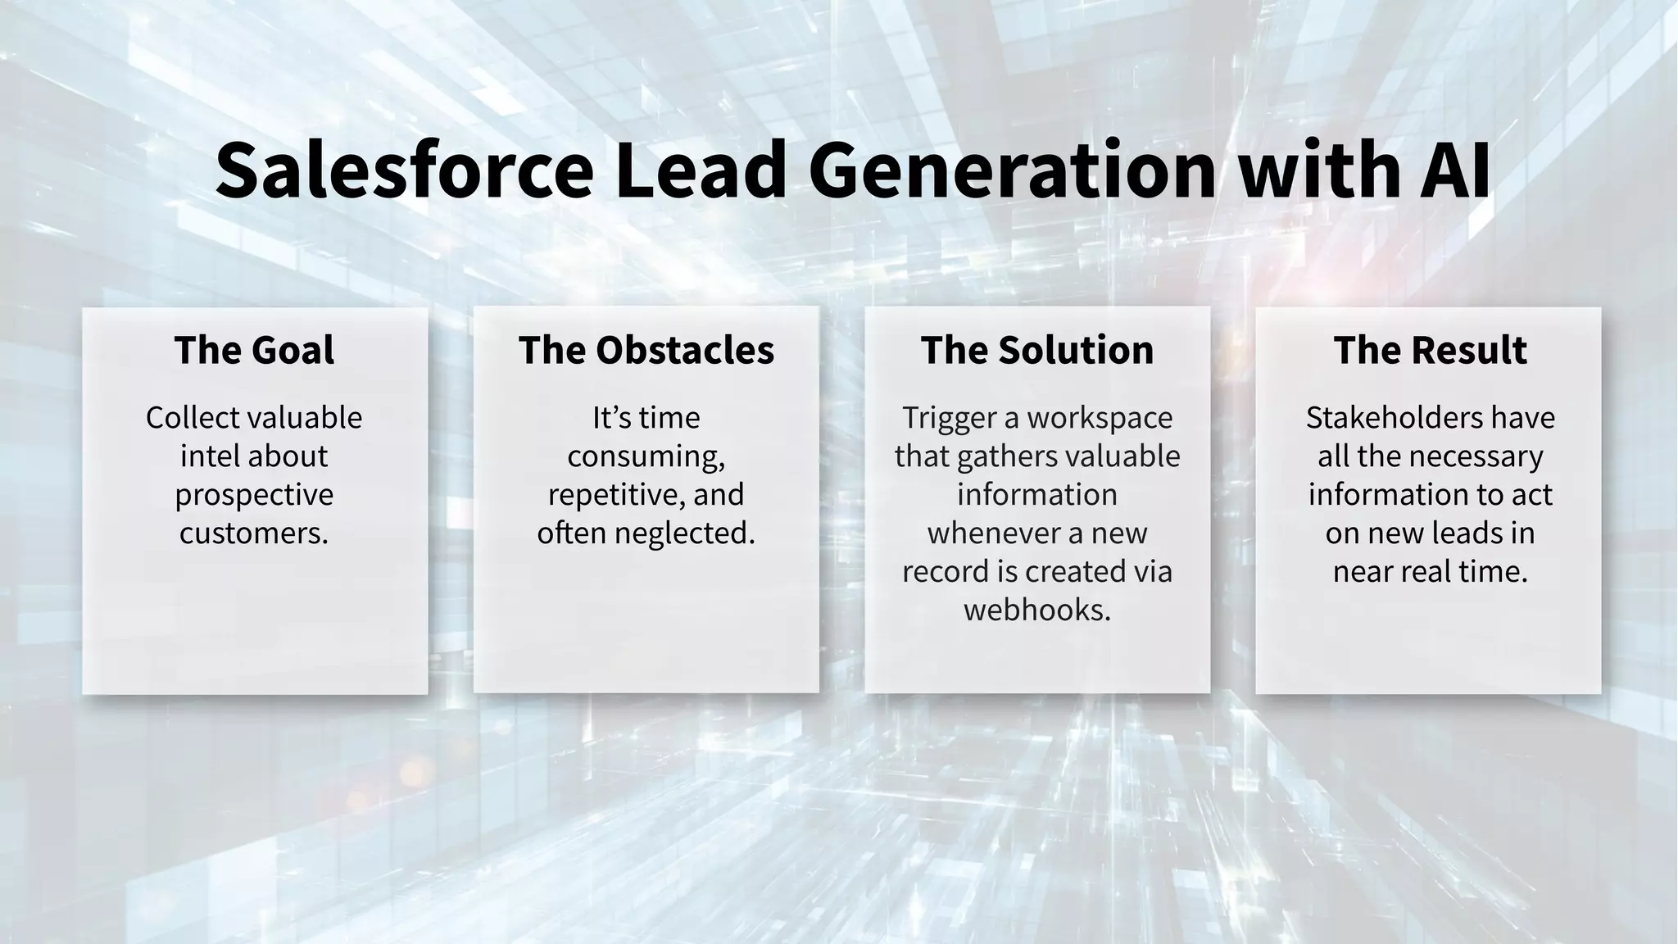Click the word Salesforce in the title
click(404, 170)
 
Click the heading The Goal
click(254, 350)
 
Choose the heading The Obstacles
click(646, 350)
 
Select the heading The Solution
click(1037, 350)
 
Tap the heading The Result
click(1430, 350)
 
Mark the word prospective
click(254, 495)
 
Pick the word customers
click(254, 533)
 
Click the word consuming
click(646, 456)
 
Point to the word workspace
click(1100, 418)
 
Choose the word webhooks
click(1037, 610)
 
